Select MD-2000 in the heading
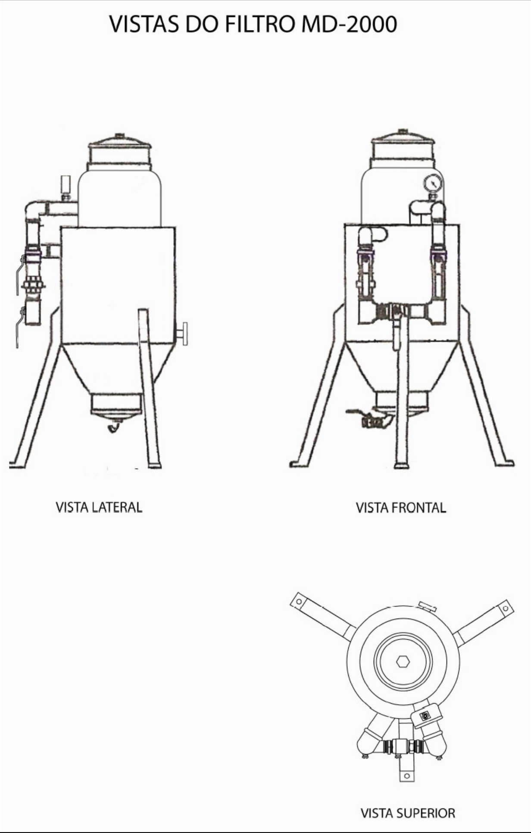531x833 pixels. point(349,24)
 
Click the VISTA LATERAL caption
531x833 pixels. point(99,507)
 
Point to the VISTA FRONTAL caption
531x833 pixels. point(401,507)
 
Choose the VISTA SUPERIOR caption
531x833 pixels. point(408,813)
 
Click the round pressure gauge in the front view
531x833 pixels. point(433,183)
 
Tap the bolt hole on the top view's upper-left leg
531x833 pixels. point(299,601)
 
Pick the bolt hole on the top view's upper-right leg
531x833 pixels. point(506,608)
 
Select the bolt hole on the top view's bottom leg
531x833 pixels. point(406,776)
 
